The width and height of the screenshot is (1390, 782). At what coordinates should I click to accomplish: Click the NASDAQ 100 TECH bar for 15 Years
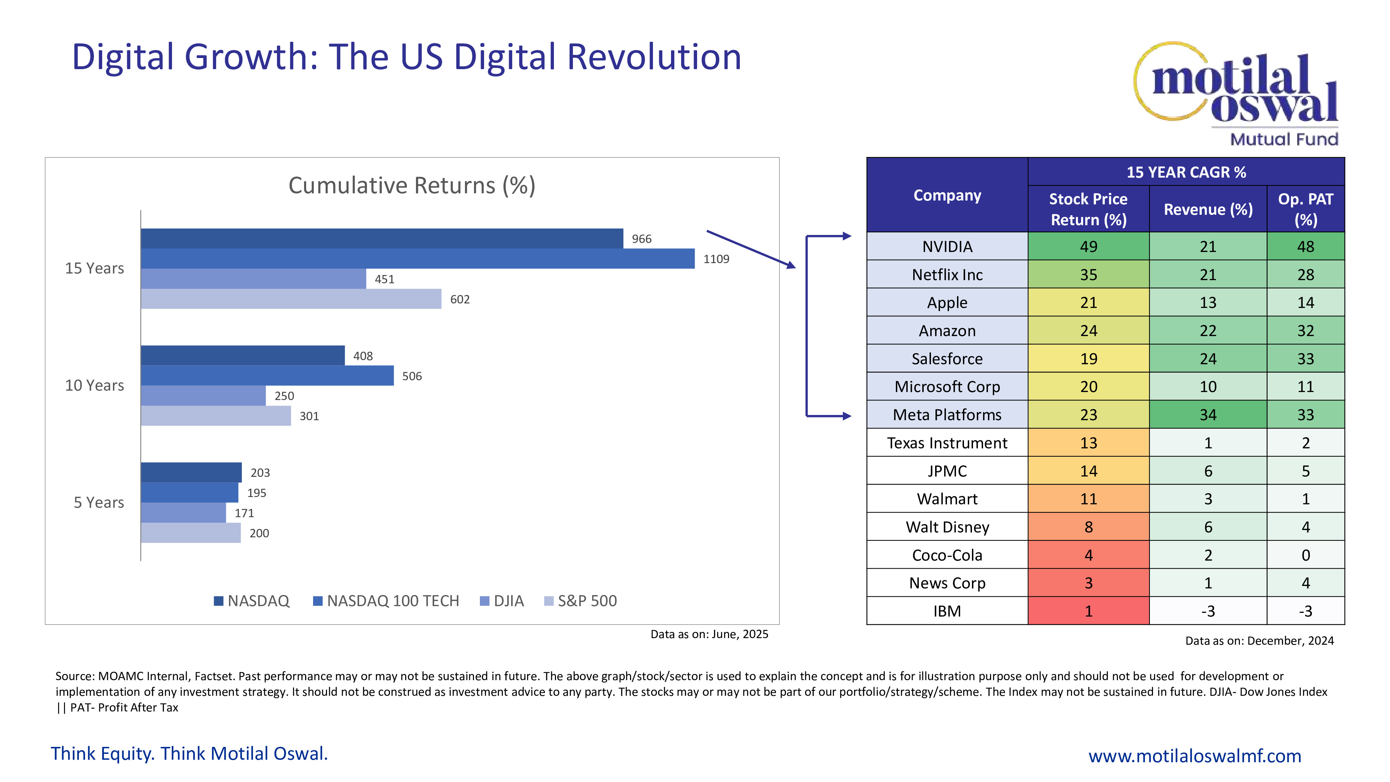[x=417, y=259]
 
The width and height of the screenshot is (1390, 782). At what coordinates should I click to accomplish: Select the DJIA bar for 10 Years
[x=203, y=396]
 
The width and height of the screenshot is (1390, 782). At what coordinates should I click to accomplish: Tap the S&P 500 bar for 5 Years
[x=190, y=533]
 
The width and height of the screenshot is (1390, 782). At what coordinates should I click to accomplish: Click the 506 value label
[x=412, y=376]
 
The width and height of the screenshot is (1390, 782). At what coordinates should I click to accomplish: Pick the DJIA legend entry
[x=502, y=601]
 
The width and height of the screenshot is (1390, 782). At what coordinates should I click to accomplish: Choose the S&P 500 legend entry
[x=581, y=601]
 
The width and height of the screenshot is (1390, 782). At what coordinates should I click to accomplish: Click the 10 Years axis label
[x=95, y=385]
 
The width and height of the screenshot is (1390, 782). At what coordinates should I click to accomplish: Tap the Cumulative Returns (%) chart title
[x=412, y=185]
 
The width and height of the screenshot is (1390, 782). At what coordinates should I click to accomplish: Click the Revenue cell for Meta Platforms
[x=1208, y=415]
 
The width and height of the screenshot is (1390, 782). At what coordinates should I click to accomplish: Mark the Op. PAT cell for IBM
[x=1305, y=611]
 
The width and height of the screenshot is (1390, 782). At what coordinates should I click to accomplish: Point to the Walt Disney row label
[x=947, y=527]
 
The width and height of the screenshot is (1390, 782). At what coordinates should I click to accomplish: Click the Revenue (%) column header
[x=1208, y=209]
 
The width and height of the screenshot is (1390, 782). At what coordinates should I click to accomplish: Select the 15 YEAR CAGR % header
[x=1186, y=172]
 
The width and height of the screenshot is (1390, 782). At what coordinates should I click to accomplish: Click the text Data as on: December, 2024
[x=1259, y=641]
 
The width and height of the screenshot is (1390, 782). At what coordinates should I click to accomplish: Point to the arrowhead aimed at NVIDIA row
[x=847, y=236]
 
